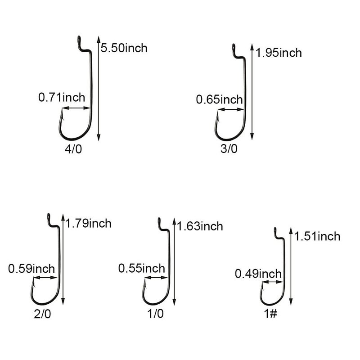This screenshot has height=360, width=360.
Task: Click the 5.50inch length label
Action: pyautogui.click(x=124, y=48)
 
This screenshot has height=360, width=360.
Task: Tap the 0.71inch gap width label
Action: pyautogui.click(x=62, y=97)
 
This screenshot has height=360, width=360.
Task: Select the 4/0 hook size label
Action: pyautogui.click(x=73, y=149)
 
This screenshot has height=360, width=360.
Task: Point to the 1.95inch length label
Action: pyautogui.click(x=279, y=53)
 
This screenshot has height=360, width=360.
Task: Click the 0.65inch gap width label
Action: pyautogui.click(x=219, y=99)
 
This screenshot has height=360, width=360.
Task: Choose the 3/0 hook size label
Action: pyautogui.click(x=229, y=148)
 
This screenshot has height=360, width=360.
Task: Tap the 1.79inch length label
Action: pyautogui.click(x=88, y=223)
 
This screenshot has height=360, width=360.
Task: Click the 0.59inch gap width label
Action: pyautogui.click(x=31, y=269)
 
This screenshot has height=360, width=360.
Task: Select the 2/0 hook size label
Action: pyautogui.click(x=42, y=314)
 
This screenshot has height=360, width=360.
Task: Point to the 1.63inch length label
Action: pyautogui.click(x=200, y=226)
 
